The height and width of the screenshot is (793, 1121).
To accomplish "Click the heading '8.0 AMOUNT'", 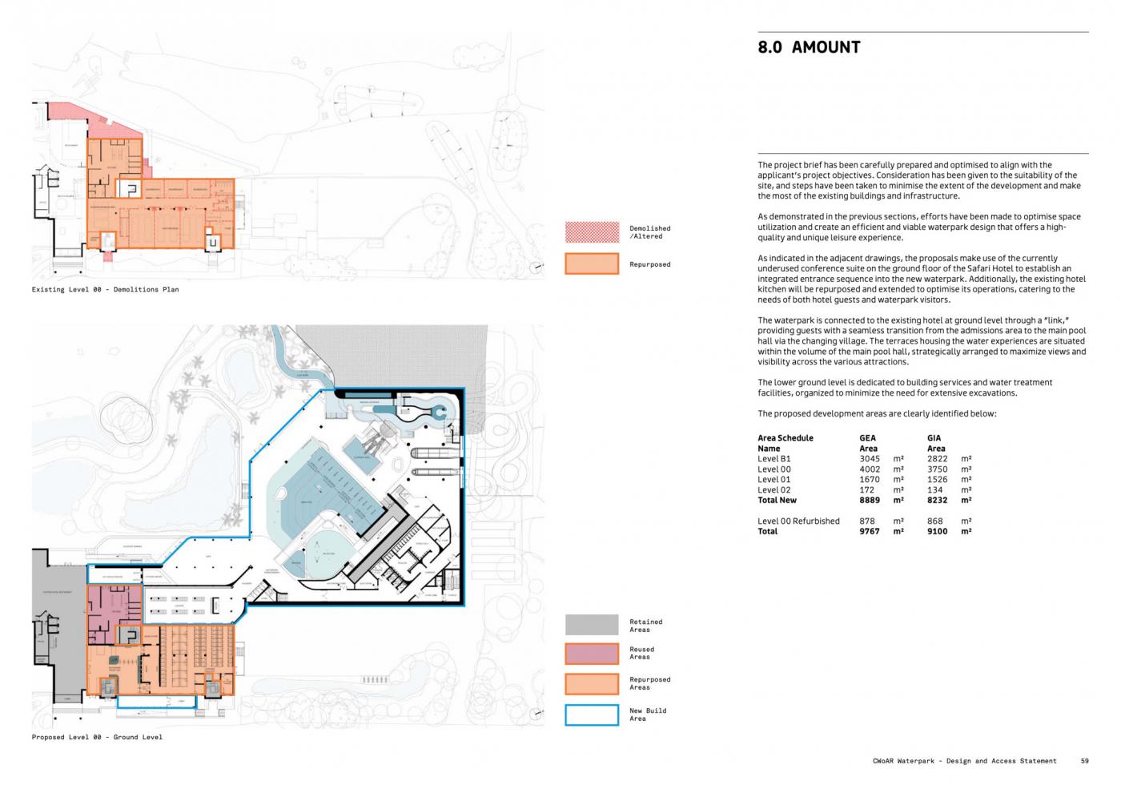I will pyautogui.click(x=809, y=47).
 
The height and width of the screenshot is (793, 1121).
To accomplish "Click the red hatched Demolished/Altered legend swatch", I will pyautogui.click(x=592, y=232).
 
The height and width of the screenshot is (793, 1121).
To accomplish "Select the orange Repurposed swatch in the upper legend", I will pyautogui.click(x=592, y=264).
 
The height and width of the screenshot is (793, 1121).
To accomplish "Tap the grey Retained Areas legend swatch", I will pyautogui.click(x=592, y=625).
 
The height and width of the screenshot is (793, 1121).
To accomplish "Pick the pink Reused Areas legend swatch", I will pyautogui.click(x=592, y=654).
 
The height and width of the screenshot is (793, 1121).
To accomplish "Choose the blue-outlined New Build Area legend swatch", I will pyautogui.click(x=592, y=715).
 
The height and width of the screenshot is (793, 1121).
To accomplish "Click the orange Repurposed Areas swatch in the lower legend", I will pyautogui.click(x=592, y=683).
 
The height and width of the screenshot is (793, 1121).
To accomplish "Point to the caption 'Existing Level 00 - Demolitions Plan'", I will pyautogui.click(x=105, y=289).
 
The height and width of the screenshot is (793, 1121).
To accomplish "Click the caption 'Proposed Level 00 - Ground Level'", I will pyautogui.click(x=97, y=737).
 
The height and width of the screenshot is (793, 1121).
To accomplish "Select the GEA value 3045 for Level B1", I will pyautogui.click(x=869, y=459).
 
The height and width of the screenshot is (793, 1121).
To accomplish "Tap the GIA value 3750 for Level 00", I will pyautogui.click(x=937, y=469).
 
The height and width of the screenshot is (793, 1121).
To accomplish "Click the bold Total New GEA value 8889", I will pyautogui.click(x=869, y=500).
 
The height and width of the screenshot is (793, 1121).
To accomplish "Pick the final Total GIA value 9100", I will pyautogui.click(x=937, y=531).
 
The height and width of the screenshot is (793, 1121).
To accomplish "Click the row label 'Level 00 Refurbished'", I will pyautogui.click(x=798, y=521).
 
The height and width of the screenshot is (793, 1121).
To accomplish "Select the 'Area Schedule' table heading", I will pyautogui.click(x=785, y=438).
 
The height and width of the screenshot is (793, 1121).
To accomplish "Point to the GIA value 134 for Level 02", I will pyautogui.click(x=934, y=489).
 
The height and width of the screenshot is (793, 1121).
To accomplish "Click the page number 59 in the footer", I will pyautogui.click(x=1084, y=761).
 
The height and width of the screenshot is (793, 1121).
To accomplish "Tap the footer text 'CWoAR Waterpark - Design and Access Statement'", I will pyautogui.click(x=964, y=761).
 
